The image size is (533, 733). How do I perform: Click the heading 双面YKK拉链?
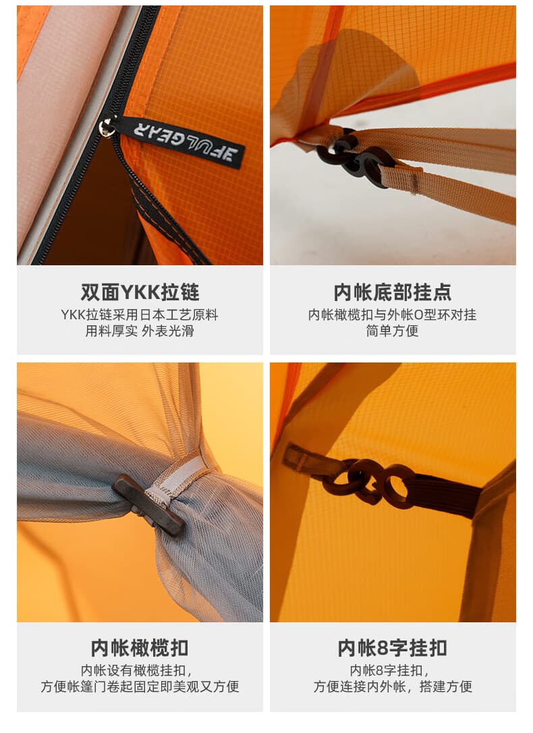click(x=140, y=293)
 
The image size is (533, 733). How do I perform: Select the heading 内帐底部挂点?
click(x=393, y=293)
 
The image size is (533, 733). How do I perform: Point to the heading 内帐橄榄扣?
click(x=140, y=649)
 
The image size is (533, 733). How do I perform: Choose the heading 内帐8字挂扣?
click(x=393, y=649)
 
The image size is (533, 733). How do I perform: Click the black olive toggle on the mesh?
click(x=148, y=505)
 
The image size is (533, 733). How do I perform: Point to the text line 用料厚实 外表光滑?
click(x=140, y=331)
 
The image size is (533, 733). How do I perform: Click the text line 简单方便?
click(x=393, y=331)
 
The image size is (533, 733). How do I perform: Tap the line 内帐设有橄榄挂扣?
click(x=136, y=670)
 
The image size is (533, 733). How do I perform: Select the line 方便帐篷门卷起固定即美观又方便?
click(x=140, y=686)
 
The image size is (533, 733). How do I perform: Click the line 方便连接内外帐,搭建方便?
click(x=393, y=686)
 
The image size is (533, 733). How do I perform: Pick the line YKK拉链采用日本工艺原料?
click(x=140, y=315)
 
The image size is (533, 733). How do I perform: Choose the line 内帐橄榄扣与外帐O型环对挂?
click(x=393, y=315)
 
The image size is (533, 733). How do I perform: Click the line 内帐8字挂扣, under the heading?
click(x=389, y=670)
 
